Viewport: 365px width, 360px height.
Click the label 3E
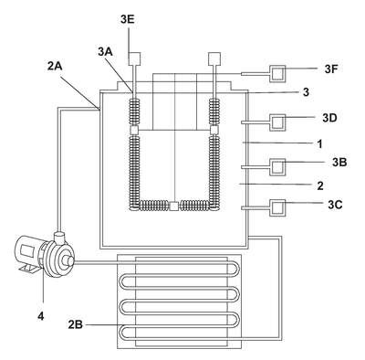click(128, 19)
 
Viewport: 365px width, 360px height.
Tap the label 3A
click(105, 52)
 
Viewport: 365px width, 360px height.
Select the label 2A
click(55, 66)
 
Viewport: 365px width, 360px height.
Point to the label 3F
click(331, 69)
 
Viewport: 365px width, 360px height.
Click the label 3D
click(329, 118)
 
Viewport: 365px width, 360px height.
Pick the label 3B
click(339, 163)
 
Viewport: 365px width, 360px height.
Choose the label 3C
click(335, 205)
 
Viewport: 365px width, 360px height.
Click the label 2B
click(75, 325)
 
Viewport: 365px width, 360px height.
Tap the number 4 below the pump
click(41, 316)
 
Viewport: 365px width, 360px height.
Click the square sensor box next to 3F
click(277, 74)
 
